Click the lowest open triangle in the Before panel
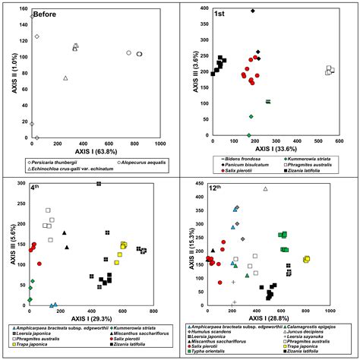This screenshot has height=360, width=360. pyautogui.click(x=65, y=78)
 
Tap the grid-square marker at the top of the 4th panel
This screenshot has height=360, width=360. pyautogui.click(x=99, y=184)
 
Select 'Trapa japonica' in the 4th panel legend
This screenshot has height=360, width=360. pyautogui.click(x=33, y=346)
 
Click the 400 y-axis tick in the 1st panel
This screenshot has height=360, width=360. pyautogui.click(x=201, y=9)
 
